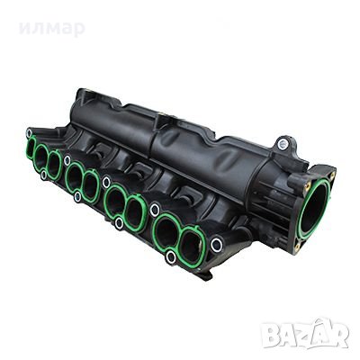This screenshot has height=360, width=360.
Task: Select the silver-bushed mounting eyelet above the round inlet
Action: pyautogui.click(x=284, y=142)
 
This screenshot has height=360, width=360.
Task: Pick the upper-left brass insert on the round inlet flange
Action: pyautogui.click(x=294, y=181)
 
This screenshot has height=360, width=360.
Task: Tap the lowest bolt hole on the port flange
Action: pyautogui.click(x=171, y=258)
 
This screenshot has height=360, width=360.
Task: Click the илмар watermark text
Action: pyautogui.click(x=56, y=30)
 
